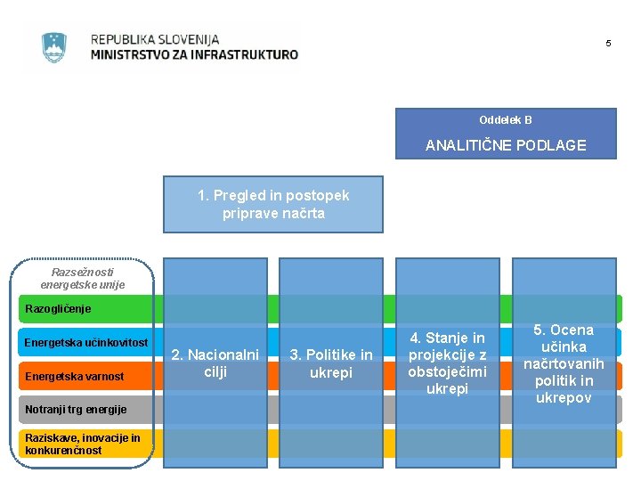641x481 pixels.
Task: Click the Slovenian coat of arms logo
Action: click(x=54, y=47)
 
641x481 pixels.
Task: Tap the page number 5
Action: click(x=608, y=44)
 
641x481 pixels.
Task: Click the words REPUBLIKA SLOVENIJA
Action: click(x=154, y=39)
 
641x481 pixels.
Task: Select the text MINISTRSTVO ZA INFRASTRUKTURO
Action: click(x=194, y=54)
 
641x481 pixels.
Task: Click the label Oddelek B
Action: click(x=505, y=120)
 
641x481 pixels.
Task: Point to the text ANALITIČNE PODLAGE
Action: click(x=506, y=145)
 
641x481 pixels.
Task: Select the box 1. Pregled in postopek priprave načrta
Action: click(x=273, y=204)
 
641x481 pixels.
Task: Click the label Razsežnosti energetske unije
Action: click(x=83, y=278)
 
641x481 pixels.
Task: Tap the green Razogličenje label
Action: click(x=58, y=308)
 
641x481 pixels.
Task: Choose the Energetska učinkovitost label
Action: click(x=85, y=343)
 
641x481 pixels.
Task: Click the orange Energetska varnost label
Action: click(x=74, y=377)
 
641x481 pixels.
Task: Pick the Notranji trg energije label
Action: click(x=76, y=410)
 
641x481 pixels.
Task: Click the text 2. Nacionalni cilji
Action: click(x=215, y=363)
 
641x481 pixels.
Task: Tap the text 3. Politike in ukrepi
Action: click(x=331, y=363)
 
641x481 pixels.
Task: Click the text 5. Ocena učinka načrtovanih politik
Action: click(x=563, y=363)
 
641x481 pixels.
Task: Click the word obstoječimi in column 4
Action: click(x=447, y=371)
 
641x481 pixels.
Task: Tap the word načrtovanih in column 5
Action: click(x=564, y=363)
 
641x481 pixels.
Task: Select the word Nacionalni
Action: click(x=223, y=355)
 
